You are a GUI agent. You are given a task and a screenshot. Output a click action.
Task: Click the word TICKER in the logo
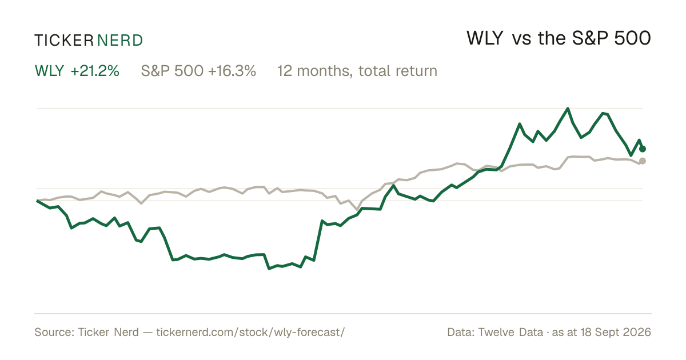(64, 41)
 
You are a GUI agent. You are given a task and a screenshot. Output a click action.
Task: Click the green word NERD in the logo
(120, 41)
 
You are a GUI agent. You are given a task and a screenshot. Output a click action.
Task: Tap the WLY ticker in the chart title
(485, 38)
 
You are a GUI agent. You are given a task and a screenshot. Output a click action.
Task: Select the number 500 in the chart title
(632, 38)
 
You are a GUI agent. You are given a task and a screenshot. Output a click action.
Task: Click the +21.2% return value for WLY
(95, 71)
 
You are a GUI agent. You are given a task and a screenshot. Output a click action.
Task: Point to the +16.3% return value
(232, 71)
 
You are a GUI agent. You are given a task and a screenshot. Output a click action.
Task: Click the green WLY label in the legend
(49, 71)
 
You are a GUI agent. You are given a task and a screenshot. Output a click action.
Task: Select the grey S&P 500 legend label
(172, 71)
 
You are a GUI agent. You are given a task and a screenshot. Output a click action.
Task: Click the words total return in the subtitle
(398, 71)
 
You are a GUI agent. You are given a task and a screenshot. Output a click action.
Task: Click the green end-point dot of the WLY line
(643, 149)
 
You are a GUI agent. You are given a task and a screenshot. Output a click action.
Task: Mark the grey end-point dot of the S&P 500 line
(643, 161)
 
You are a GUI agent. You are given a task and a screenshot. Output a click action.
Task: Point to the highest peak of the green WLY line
(568, 109)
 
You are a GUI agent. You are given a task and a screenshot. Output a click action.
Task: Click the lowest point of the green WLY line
(269, 269)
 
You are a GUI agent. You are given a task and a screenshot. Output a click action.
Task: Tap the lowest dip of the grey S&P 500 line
(357, 210)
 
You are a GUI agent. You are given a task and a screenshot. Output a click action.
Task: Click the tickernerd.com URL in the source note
(250, 332)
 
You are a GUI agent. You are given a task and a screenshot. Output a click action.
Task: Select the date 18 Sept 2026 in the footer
(616, 332)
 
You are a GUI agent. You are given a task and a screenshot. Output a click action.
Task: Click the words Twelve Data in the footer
(510, 332)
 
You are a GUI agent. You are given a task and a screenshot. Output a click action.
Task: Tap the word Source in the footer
(53, 332)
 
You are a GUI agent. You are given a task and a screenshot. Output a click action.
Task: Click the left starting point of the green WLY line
(37, 201)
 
